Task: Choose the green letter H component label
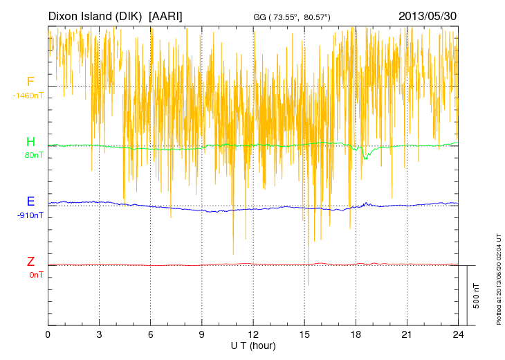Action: click(30, 143)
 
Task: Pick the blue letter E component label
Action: click(30, 202)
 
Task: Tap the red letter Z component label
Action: click(30, 262)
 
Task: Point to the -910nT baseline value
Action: click(30, 215)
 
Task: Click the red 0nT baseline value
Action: click(35, 275)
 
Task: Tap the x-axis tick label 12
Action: click(252, 334)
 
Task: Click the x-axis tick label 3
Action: click(99, 334)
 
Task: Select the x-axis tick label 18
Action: click(355, 334)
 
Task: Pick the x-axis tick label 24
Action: click(457, 334)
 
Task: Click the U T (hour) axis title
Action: click(252, 345)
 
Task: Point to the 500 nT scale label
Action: click(476, 296)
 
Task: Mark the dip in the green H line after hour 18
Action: click(365, 158)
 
